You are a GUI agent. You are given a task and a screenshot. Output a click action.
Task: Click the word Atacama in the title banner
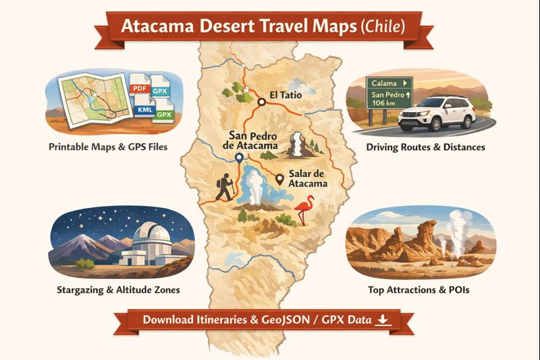(159, 28)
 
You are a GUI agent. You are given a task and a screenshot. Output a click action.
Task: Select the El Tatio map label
(285, 95)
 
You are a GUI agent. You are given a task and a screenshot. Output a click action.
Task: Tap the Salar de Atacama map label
(308, 178)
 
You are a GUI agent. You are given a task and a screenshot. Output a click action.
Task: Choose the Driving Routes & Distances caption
(425, 147)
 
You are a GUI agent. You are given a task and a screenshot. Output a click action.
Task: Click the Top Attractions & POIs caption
(418, 290)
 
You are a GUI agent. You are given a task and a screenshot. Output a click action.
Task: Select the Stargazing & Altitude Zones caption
(119, 290)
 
